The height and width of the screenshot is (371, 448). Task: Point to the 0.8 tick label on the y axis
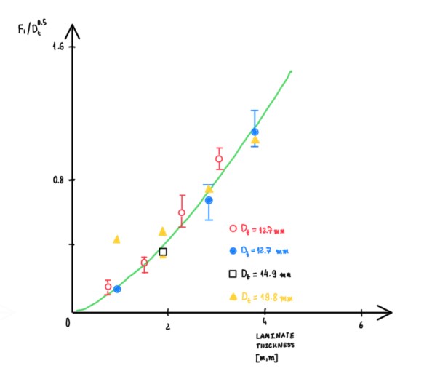coord(56,180)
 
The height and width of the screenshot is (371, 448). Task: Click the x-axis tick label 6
coord(361,325)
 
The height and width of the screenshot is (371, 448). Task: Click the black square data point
coord(163,252)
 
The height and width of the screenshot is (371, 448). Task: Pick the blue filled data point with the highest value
coord(255,132)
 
